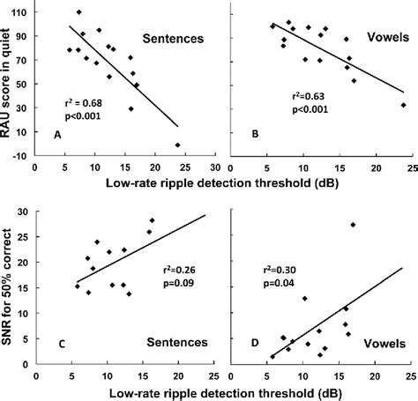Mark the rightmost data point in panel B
(403, 105)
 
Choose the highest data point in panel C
(152, 220)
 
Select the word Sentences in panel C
(175, 342)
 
